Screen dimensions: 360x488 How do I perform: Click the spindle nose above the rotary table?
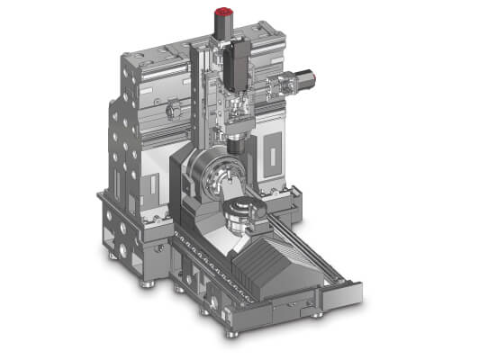click(x=236, y=143)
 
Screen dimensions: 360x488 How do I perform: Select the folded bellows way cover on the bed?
click(x=270, y=265)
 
